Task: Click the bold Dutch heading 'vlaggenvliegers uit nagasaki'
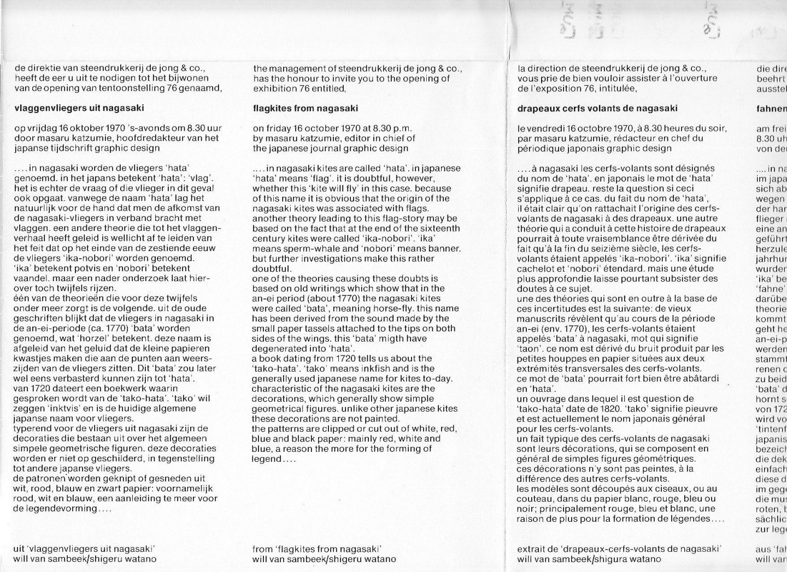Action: pos(69,108)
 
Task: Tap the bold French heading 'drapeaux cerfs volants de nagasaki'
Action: pos(597,108)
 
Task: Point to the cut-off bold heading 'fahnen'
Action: pos(771,108)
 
